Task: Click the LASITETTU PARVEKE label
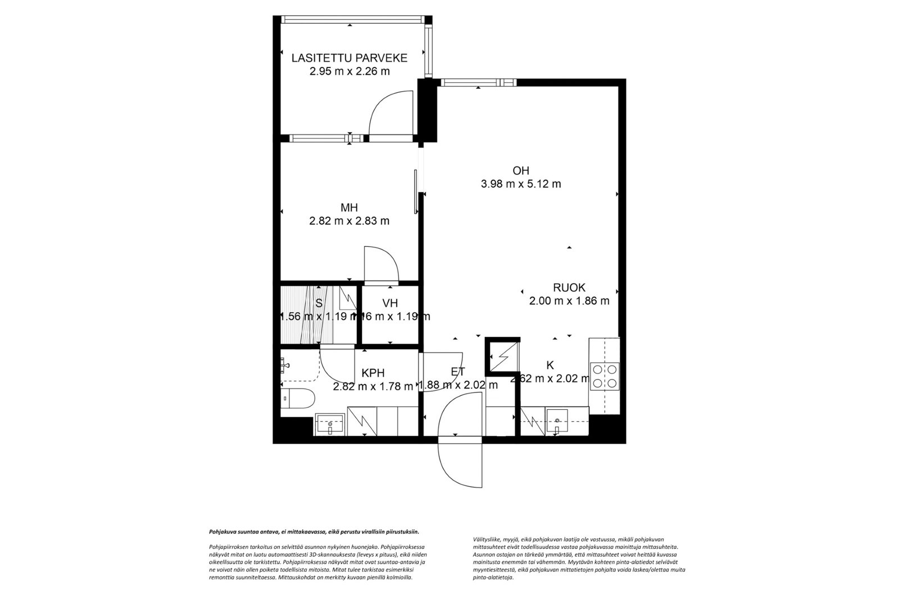pyautogui.click(x=349, y=57)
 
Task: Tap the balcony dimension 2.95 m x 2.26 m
pyautogui.click(x=349, y=71)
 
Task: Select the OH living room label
pyautogui.click(x=520, y=170)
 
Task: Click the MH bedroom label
pyautogui.click(x=349, y=207)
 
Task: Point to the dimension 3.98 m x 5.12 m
pyautogui.click(x=520, y=184)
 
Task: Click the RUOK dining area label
pyautogui.click(x=569, y=287)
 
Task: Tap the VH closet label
pyautogui.click(x=390, y=303)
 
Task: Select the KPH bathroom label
pyautogui.click(x=373, y=373)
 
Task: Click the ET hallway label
pyautogui.click(x=457, y=371)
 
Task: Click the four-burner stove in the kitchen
pyautogui.click(x=603, y=376)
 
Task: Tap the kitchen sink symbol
pyautogui.click(x=557, y=422)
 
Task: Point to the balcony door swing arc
pyautogui.click(x=388, y=112)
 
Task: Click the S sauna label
pyautogui.click(x=319, y=303)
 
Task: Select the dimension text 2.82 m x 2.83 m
pyautogui.click(x=349, y=221)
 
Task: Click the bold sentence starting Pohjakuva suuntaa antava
pyautogui.click(x=314, y=531)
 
